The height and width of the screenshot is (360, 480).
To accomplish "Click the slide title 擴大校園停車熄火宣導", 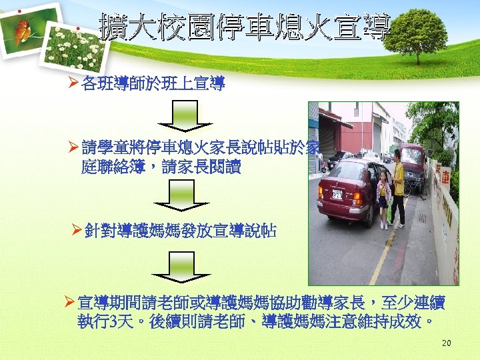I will (244, 27).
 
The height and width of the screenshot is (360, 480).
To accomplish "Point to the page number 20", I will (446, 343).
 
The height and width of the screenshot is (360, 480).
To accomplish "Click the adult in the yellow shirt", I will (397, 187).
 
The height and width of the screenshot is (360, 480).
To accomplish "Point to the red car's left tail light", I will (321, 193).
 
